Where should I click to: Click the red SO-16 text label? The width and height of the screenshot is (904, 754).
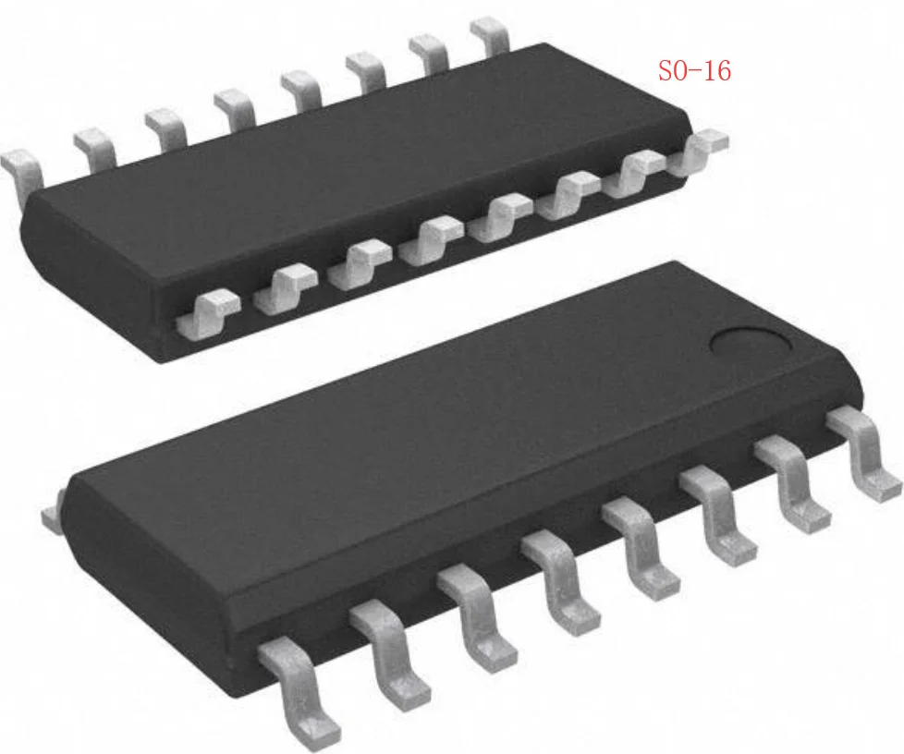pos(694,71)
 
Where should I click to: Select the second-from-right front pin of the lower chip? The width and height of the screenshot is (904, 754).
pos(791,486)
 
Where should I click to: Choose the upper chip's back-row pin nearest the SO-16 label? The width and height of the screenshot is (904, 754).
pos(490,33)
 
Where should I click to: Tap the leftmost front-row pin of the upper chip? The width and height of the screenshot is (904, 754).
pos(207,310)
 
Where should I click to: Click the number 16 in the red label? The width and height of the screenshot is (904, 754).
pos(714,71)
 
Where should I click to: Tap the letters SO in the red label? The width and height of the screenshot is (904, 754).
pos(671,71)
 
